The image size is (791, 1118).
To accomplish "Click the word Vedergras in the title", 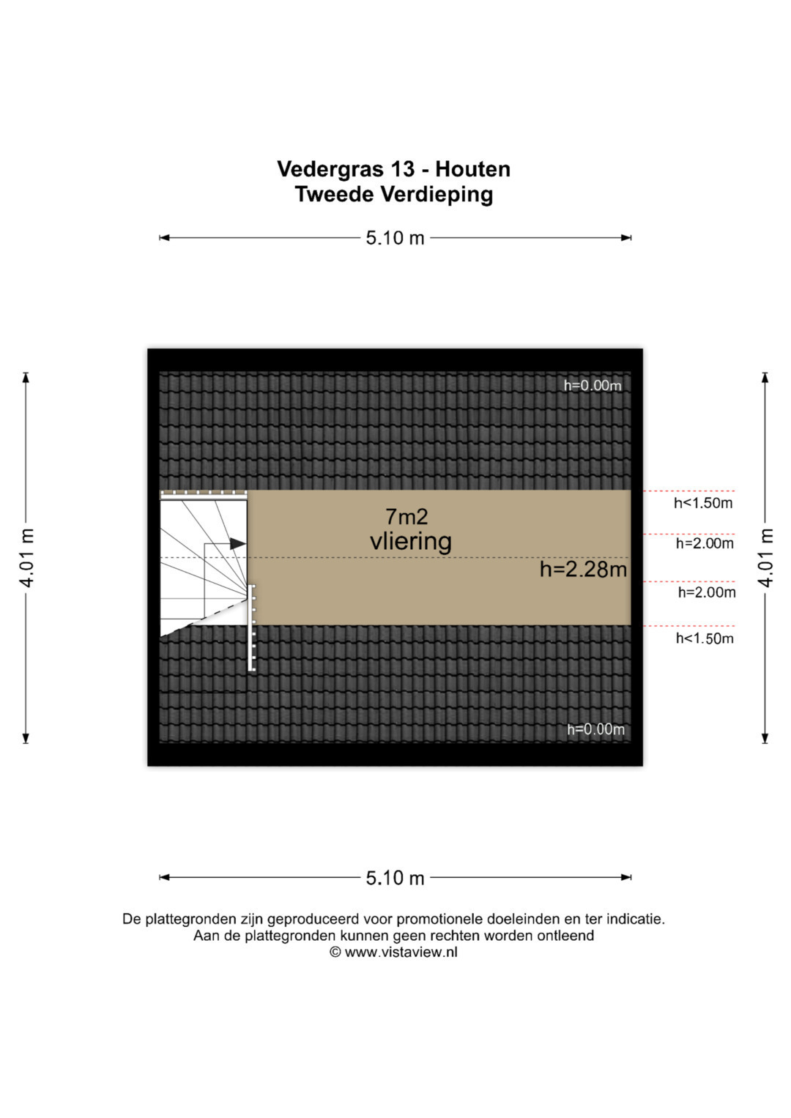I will (x=330, y=170).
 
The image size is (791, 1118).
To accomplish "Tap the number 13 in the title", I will (x=402, y=169).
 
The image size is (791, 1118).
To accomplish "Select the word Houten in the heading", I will (x=472, y=169).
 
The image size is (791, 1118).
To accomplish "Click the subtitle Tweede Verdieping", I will (x=394, y=195).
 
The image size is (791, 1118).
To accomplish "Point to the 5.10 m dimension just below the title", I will (x=395, y=238).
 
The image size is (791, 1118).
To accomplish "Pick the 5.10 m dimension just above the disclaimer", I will (x=395, y=878).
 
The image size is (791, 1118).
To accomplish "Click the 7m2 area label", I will (x=406, y=517).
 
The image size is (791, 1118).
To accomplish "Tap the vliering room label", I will (x=410, y=542).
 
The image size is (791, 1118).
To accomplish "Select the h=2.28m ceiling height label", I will (x=583, y=569).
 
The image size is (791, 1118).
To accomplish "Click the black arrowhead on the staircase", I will (x=237, y=544).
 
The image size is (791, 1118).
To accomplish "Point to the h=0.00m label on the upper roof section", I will (x=592, y=386).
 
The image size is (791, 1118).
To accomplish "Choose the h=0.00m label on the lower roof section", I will (x=595, y=729).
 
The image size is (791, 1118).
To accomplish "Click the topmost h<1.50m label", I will (x=703, y=503).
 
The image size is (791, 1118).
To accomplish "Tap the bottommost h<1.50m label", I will (x=704, y=638).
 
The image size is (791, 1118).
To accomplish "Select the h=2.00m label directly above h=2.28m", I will (x=705, y=543).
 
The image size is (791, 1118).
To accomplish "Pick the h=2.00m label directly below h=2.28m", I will (x=706, y=592).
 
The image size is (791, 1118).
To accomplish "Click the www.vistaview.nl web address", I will (x=401, y=953).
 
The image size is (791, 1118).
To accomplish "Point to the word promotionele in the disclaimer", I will (x=441, y=919).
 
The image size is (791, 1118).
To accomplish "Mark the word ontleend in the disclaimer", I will (x=565, y=936).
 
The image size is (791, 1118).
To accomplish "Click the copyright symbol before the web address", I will (x=335, y=953).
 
